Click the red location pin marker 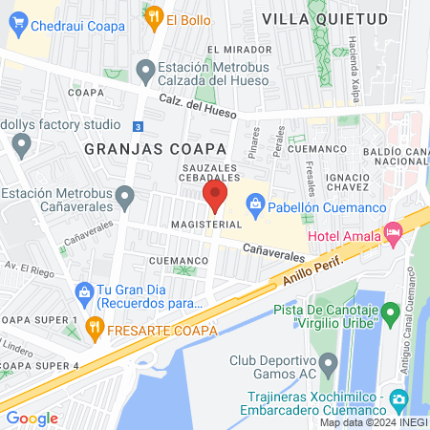(x=214, y=197)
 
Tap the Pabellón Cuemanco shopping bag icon (x=255, y=203)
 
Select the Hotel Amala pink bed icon (x=393, y=231)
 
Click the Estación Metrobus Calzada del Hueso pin (x=145, y=70)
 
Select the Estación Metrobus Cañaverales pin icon (x=124, y=198)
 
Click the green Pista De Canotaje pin (x=390, y=312)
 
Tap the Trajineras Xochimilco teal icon (x=401, y=398)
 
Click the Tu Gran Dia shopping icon (x=84, y=291)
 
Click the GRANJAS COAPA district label (x=154, y=149)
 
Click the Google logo (x=32, y=418)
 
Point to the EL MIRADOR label (x=233, y=50)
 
